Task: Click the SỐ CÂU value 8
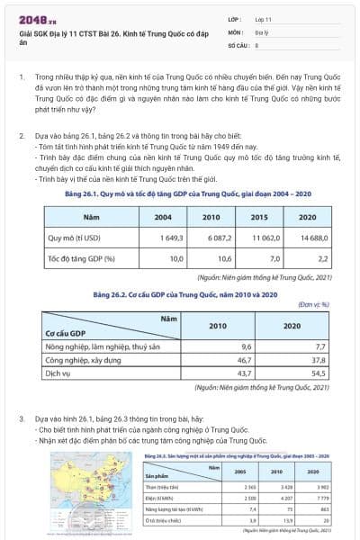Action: [257, 42]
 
